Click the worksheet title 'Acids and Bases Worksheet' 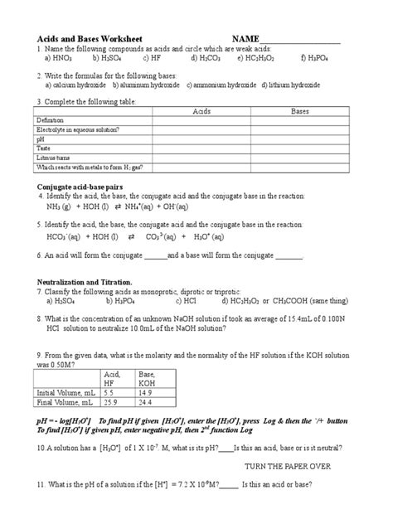click(x=90, y=39)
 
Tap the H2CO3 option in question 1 click(x=205, y=59)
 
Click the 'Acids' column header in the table click(x=201, y=111)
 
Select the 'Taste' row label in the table click(x=43, y=148)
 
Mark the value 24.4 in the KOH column click(x=146, y=401)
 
